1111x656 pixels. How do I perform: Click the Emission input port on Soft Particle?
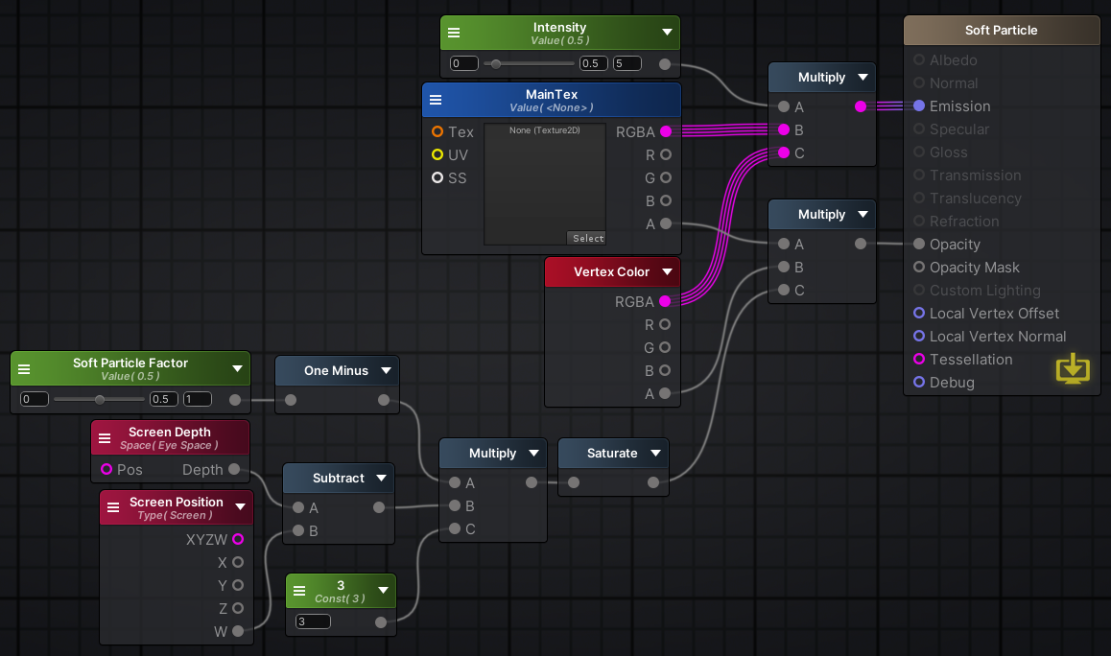coord(919,105)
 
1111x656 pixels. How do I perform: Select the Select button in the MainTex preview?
coord(588,238)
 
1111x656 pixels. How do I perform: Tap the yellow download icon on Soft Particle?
coord(1073,367)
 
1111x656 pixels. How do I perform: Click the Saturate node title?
coord(612,454)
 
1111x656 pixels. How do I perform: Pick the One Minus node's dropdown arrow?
coord(386,370)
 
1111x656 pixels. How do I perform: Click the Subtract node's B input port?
coord(298,530)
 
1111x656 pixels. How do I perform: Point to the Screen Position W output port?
coord(238,630)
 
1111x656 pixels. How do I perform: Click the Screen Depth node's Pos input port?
coord(106,469)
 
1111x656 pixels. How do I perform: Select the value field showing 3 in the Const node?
coord(313,621)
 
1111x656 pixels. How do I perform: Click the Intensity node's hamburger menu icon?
coord(454,33)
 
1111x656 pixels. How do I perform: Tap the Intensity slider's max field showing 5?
coord(627,63)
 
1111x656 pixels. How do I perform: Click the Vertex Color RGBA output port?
coord(665,301)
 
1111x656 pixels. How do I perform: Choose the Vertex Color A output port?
coord(665,393)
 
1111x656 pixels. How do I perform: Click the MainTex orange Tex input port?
coord(437,131)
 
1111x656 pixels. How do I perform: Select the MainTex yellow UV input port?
coord(437,154)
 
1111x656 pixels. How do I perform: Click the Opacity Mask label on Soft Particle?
coord(974,267)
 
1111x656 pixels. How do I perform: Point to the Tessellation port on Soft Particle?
coord(919,359)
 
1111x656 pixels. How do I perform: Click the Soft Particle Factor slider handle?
coord(100,400)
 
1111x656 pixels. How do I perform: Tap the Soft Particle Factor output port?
coord(235,400)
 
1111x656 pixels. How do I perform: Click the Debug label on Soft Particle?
coord(952,383)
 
